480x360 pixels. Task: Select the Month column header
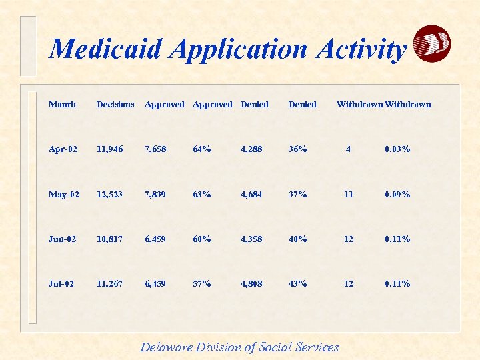[x=62, y=105]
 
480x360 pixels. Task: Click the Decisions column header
[x=115, y=105]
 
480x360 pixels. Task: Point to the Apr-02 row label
[x=63, y=149]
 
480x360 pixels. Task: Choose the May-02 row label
[x=64, y=195]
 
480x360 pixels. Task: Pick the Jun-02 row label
[x=63, y=239]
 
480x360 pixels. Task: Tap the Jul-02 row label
[x=61, y=284]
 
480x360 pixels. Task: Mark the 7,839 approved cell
[x=157, y=195]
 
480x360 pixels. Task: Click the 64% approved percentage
[x=201, y=149]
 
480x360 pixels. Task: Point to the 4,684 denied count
[x=251, y=195]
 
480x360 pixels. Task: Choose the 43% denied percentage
[x=297, y=284]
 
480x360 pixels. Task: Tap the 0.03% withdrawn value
[x=397, y=149]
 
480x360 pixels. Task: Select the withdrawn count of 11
[x=349, y=195]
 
